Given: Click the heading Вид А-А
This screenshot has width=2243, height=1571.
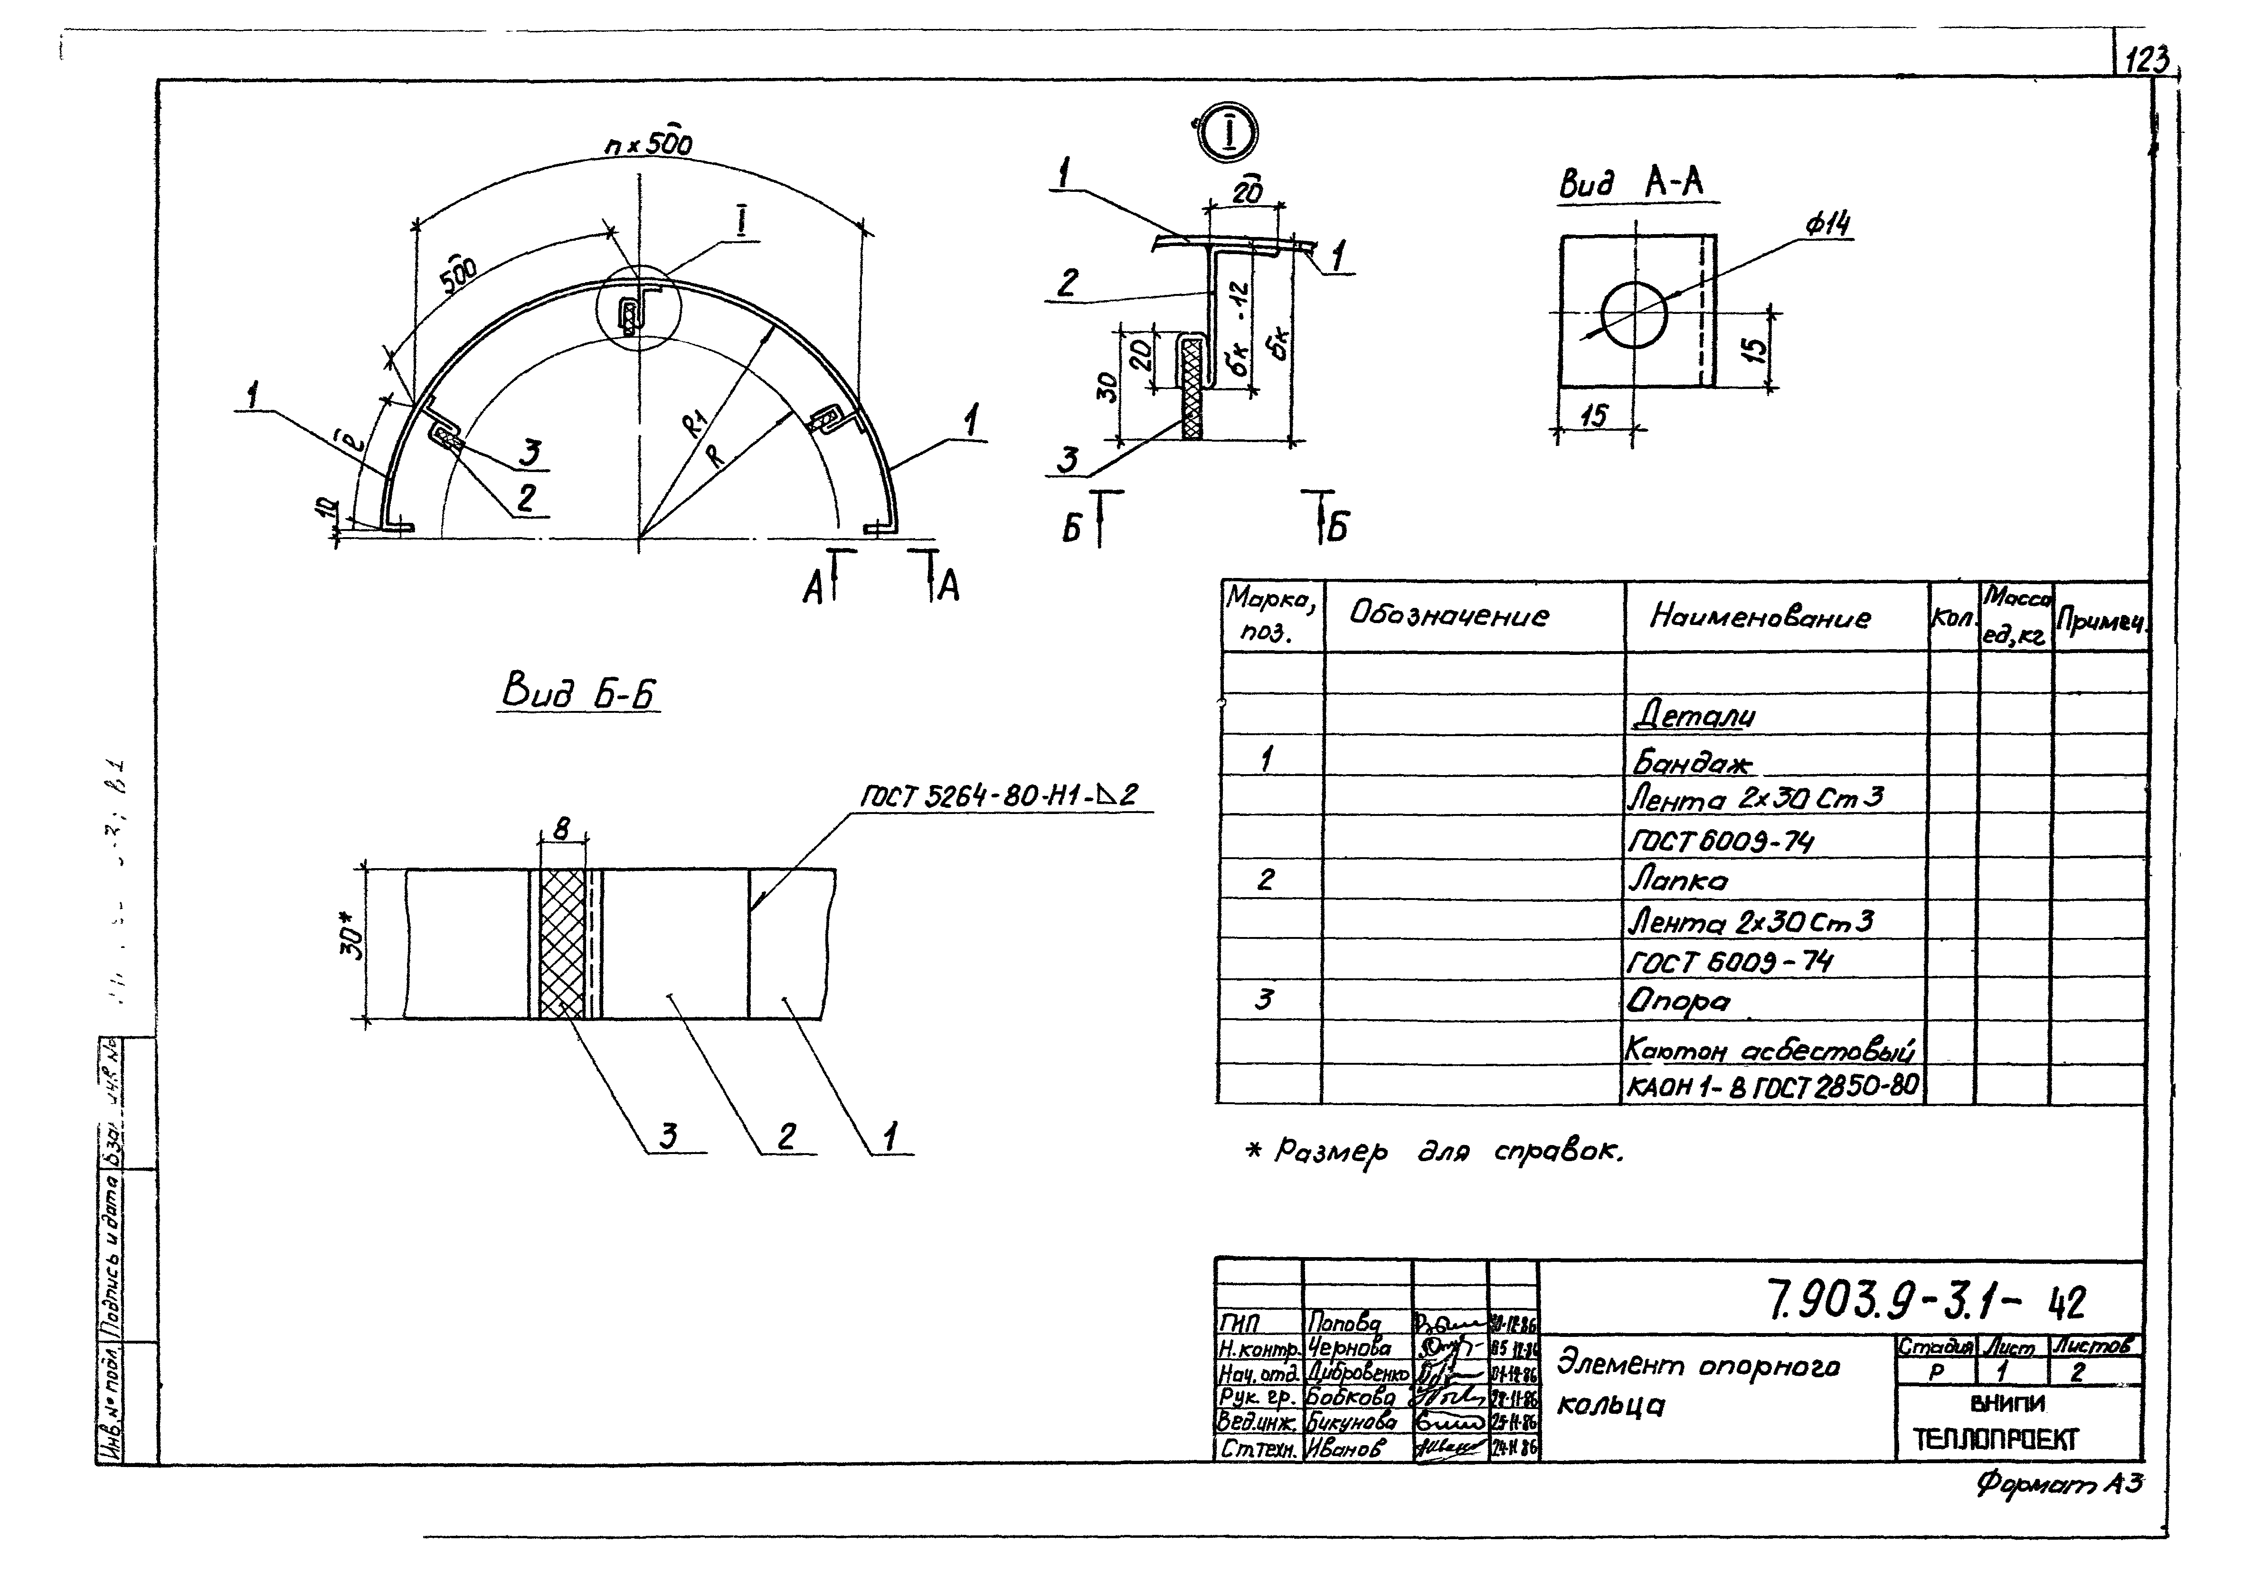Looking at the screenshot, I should [x=1637, y=184].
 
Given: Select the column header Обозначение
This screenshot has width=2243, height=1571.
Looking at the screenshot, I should [x=1448, y=615].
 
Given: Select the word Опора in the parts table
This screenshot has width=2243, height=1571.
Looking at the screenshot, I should [x=1677, y=1001].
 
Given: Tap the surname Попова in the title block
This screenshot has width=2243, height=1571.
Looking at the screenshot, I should [x=1343, y=1324].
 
